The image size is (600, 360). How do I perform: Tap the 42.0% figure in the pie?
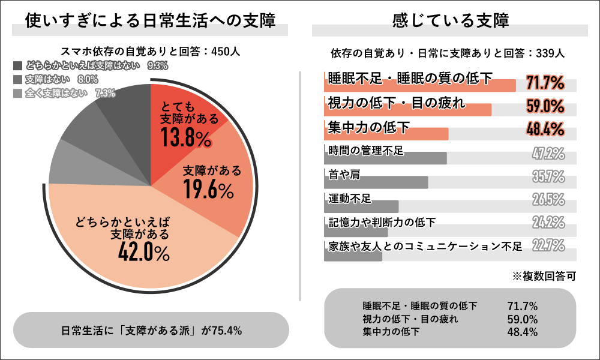click(x=145, y=253)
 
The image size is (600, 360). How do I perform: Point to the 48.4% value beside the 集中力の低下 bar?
click(x=545, y=129)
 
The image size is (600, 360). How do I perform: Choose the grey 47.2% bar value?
click(x=548, y=154)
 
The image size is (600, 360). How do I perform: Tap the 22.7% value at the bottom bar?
click(x=548, y=245)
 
